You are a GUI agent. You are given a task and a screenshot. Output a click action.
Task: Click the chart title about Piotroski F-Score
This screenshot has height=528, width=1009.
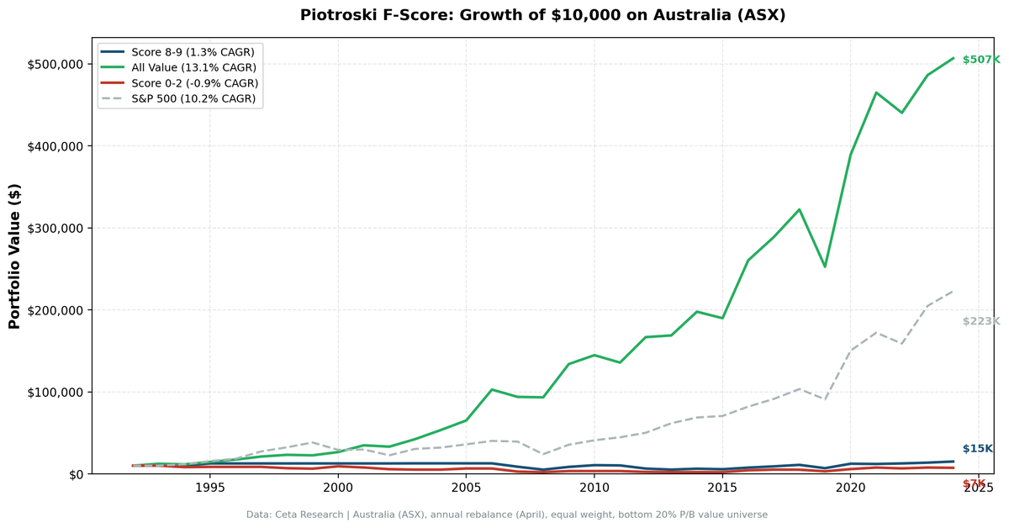coord(542,15)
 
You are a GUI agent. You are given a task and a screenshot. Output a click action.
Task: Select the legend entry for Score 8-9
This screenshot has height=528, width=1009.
coord(193,52)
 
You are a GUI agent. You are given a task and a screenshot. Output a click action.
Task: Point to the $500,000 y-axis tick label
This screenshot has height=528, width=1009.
coord(55,65)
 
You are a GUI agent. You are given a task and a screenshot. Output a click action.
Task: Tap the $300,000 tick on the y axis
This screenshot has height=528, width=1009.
coord(55,229)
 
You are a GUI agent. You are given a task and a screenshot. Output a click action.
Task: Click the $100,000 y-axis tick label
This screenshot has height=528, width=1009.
coord(55,393)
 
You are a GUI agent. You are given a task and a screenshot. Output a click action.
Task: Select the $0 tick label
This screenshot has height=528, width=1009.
coord(73,474)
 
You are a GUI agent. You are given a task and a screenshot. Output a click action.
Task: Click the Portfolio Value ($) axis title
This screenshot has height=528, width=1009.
coord(14,256)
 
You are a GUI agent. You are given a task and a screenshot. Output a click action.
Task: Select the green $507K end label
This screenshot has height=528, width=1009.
coord(980,60)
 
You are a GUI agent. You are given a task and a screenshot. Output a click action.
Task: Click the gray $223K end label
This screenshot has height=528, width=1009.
coord(980,321)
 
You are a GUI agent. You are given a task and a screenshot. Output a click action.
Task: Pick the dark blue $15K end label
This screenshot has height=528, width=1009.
coord(977,449)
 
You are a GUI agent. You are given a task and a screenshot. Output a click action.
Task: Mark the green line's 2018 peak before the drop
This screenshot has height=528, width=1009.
coord(799,209)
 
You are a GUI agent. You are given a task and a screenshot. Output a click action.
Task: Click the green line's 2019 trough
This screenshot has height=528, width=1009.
coord(825,267)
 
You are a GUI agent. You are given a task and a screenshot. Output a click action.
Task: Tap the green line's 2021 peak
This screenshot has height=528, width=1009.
coord(876,92)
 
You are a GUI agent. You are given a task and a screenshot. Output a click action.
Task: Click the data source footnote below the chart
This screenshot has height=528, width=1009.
coord(506,515)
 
